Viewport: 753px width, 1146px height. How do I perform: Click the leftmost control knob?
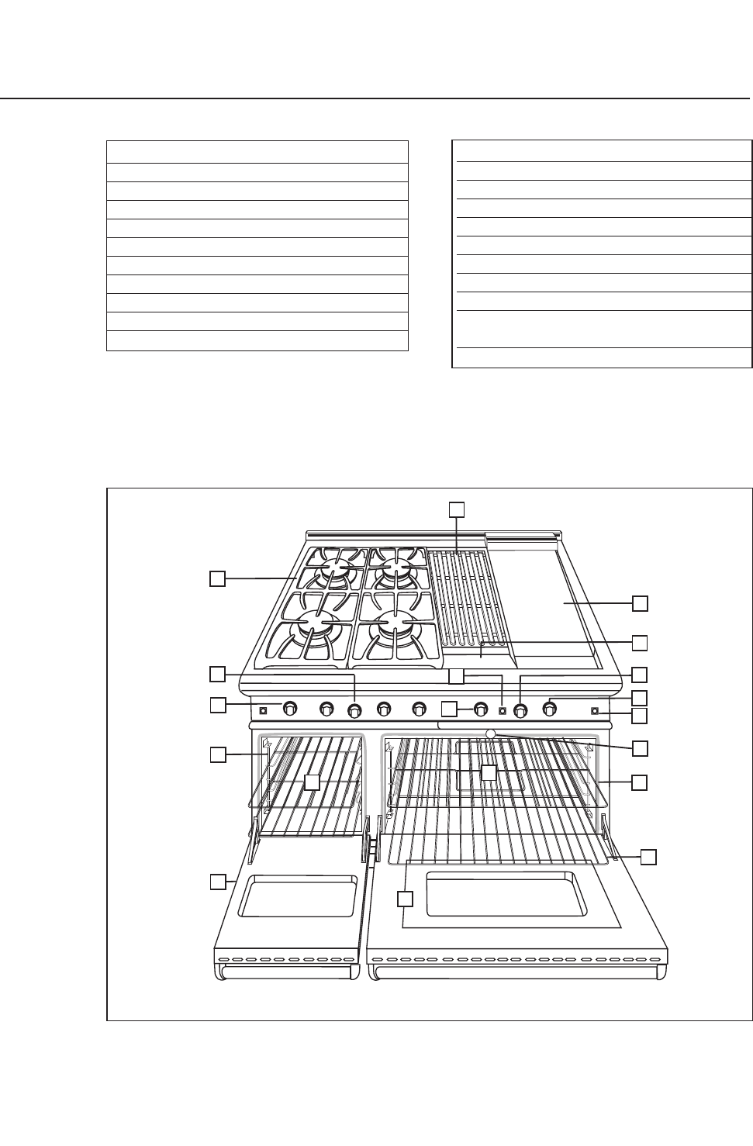tap(290, 708)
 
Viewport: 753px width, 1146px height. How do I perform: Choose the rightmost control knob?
tap(550, 707)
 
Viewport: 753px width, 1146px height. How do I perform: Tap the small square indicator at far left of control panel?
tap(264, 709)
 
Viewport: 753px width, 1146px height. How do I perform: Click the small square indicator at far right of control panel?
tap(595, 710)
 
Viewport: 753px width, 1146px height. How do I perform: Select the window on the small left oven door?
tap(298, 897)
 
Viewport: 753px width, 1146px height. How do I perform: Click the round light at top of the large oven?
tap(490, 734)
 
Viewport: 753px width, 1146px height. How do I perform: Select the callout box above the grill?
tap(457, 508)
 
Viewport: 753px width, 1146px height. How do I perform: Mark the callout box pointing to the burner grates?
tap(218, 578)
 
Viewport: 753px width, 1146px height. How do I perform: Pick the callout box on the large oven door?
tap(406, 899)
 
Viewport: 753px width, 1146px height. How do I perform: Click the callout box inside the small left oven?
tap(311, 782)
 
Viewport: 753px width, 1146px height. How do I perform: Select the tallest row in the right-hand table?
tap(602, 330)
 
